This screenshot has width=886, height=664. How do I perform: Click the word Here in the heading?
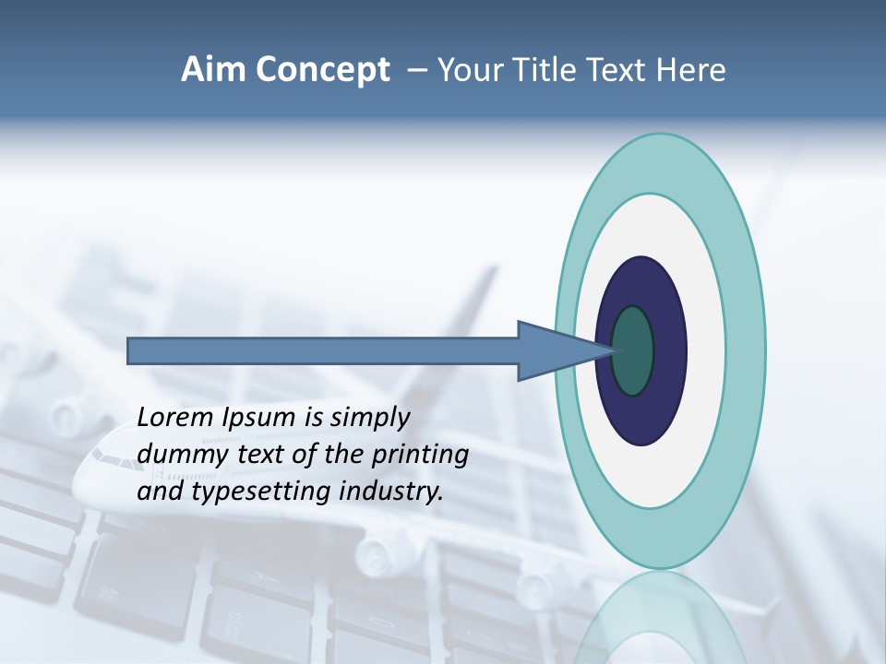(692, 69)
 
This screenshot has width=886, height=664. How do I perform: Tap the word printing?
(419, 456)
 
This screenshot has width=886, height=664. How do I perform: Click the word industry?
(391, 492)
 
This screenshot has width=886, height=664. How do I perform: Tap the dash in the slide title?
(416, 70)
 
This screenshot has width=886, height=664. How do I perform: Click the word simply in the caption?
(370, 418)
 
